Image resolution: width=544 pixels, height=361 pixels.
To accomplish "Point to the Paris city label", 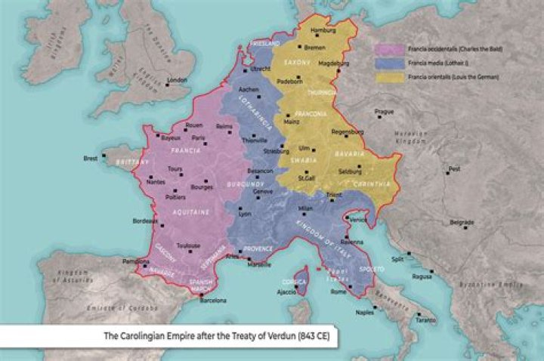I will [199, 138].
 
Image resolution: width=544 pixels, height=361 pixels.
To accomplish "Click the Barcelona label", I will [212, 300].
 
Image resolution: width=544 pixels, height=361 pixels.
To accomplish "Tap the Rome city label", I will [338, 291].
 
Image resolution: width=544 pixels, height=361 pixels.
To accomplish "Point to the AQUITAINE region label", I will [191, 213].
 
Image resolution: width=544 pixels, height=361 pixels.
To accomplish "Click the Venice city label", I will [358, 220].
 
